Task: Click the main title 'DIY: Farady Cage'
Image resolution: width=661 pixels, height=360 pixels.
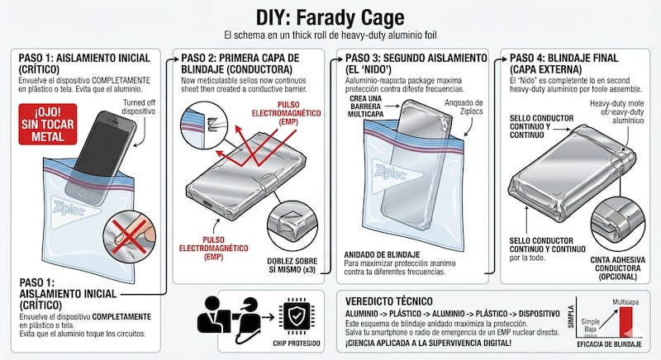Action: (330, 17)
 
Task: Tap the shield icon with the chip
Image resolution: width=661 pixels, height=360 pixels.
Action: (297, 315)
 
